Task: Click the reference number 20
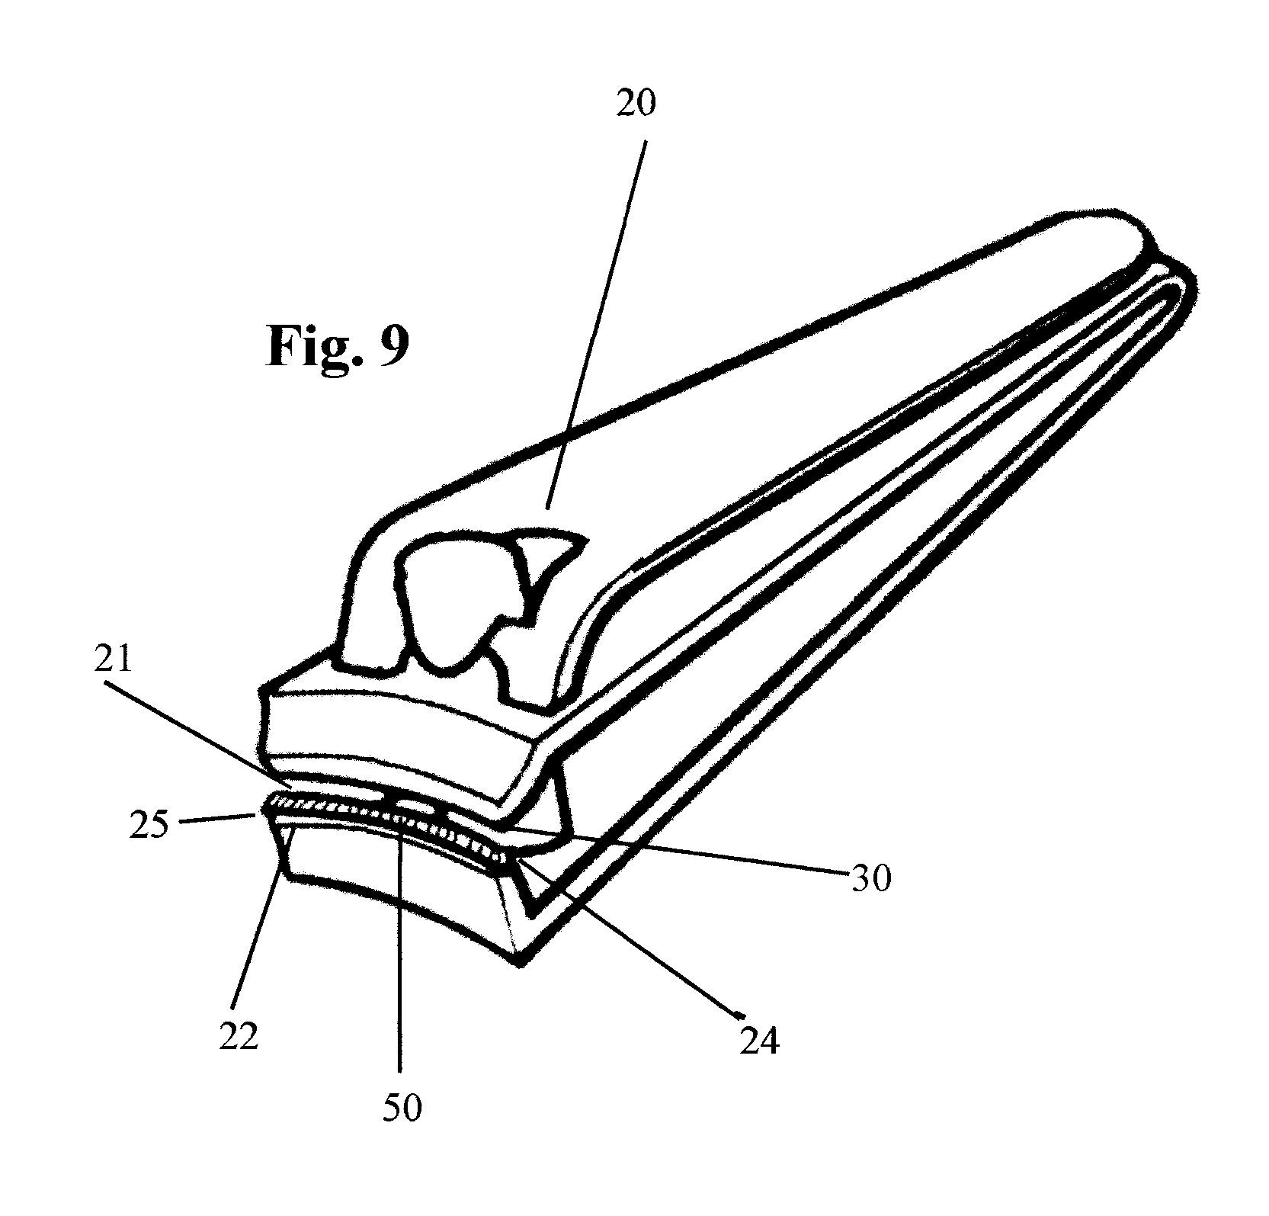click(x=635, y=104)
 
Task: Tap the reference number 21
click(x=113, y=659)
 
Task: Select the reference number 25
click(x=149, y=824)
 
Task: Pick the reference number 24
click(x=759, y=1040)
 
